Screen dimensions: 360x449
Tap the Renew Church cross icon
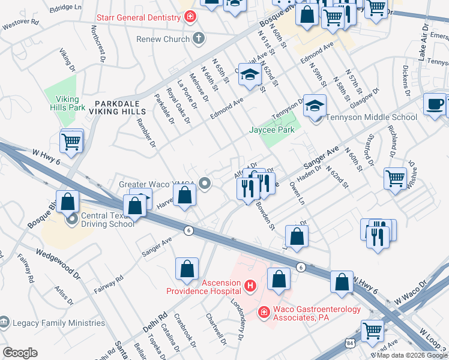click(199, 40)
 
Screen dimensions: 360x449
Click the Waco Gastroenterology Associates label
click(317, 313)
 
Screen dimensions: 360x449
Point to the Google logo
click(20, 353)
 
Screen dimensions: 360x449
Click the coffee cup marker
click(435, 104)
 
